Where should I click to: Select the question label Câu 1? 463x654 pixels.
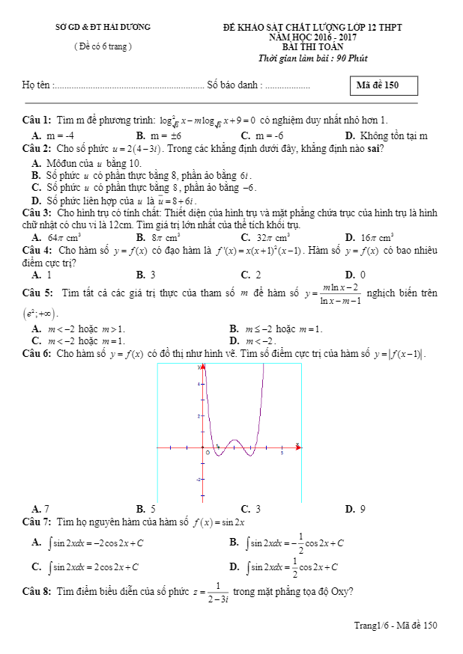(x=37, y=120)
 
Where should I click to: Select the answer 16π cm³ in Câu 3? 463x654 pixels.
(x=377, y=237)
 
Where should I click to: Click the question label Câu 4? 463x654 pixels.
(x=37, y=249)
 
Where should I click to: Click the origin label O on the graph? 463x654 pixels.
(x=208, y=453)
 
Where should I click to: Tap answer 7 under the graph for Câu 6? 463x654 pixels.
(x=46, y=509)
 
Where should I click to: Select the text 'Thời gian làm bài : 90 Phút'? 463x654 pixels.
(x=312, y=58)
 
